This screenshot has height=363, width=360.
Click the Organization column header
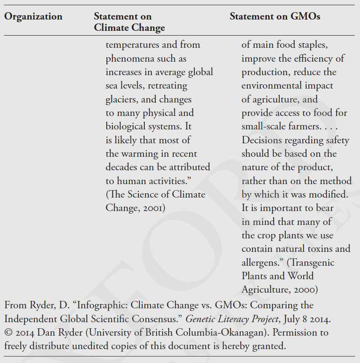[33, 17]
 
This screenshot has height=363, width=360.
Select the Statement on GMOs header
[275, 17]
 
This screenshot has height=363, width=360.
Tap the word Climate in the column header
[112, 28]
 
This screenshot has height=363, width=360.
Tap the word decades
[123, 167]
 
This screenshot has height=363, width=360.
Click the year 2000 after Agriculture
[305, 290]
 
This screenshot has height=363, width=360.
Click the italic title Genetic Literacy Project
[232, 319]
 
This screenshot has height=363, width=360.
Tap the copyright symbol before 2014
[8, 333]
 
